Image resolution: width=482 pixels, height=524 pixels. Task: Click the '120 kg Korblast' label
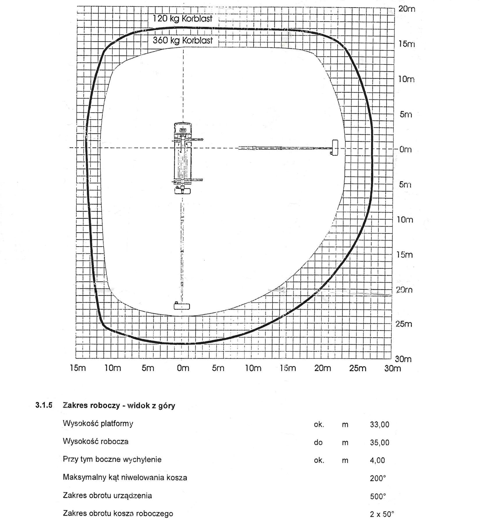click(x=182, y=19)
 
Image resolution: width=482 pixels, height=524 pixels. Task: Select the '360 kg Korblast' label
click(x=182, y=40)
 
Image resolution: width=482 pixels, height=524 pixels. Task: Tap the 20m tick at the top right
click(x=406, y=9)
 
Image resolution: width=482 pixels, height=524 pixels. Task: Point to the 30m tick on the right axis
click(x=403, y=359)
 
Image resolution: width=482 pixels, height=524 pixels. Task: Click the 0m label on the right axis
click(x=405, y=149)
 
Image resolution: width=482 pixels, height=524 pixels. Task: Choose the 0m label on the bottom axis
click(x=183, y=368)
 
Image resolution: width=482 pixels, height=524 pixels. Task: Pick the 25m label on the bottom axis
click(x=358, y=368)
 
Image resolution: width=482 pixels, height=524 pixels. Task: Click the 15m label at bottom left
click(x=78, y=368)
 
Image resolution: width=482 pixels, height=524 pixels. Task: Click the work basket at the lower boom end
click(x=182, y=306)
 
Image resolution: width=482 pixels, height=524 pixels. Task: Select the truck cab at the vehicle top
click(x=183, y=129)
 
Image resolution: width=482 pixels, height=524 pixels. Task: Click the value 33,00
click(x=380, y=425)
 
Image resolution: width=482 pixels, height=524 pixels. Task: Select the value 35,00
click(x=380, y=443)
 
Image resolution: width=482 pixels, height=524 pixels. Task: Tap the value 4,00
click(x=378, y=461)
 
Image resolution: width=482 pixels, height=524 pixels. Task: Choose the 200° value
click(x=378, y=479)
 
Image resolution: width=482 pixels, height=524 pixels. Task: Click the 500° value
click(x=378, y=496)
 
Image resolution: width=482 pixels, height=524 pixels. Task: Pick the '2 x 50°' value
click(x=382, y=514)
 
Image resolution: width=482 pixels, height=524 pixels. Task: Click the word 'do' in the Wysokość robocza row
click(x=318, y=443)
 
